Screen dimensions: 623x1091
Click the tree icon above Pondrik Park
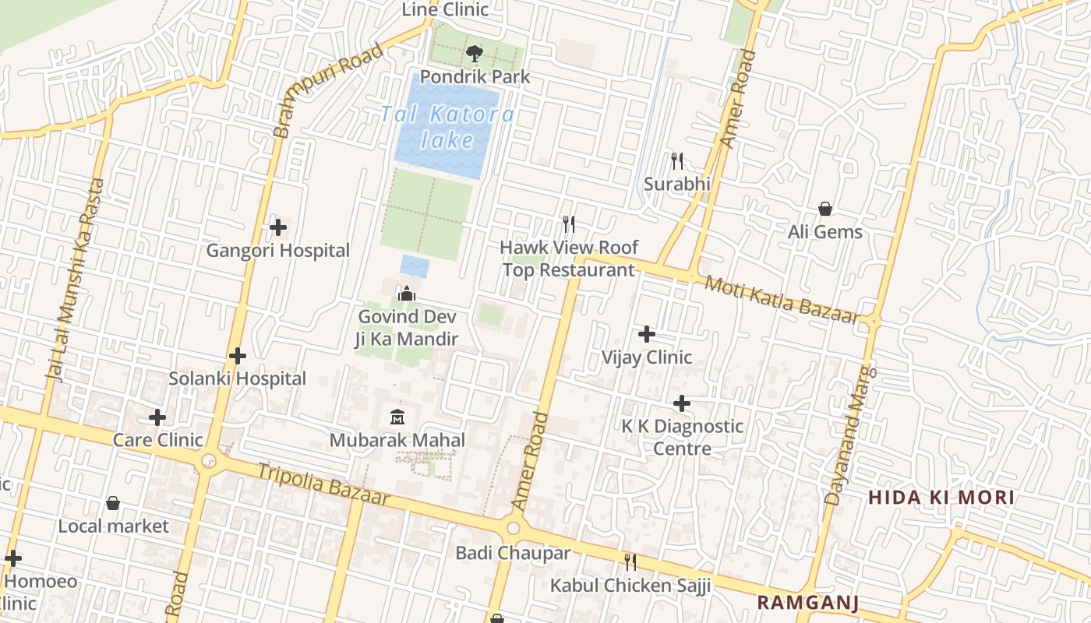(474, 54)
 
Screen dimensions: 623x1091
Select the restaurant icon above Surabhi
(677, 161)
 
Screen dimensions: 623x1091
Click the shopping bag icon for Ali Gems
(824, 209)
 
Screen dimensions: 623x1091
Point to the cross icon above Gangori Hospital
(277, 227)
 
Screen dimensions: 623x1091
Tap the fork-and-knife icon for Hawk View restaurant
(569, 224)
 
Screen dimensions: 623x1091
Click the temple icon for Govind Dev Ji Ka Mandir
(406, 294)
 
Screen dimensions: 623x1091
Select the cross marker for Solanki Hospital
(238, 356)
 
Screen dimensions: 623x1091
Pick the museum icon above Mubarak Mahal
(397, 417)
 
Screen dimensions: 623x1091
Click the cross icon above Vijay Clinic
(646, 335)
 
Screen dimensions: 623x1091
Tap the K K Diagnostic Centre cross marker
(682, 403)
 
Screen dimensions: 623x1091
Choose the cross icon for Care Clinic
(157, 417)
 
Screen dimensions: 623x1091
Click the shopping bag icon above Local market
(113, 503)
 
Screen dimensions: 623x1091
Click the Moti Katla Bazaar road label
(781, 298)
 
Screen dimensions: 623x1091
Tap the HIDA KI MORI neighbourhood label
(941, 498)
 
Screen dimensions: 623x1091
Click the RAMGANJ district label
(807, 602)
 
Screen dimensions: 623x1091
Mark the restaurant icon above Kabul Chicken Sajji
(630, 561)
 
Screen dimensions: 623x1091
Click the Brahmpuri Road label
(329, 90)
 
